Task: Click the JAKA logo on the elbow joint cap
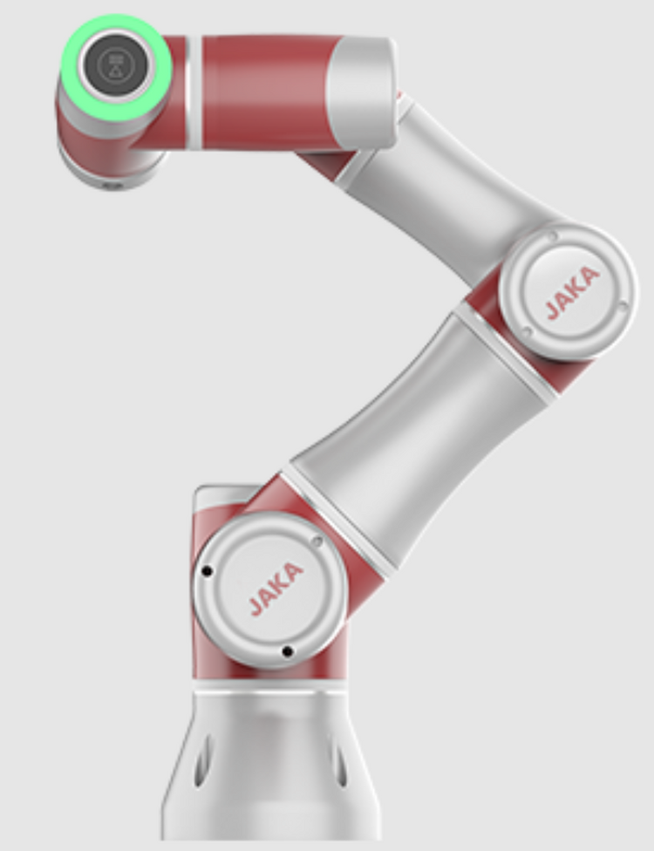(x=572, y=293)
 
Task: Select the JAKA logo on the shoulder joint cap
(x=276, y=589)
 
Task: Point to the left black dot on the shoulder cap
(x=207, y=571)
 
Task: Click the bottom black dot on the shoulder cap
(x=288, y=651)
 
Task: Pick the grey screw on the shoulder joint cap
(x=317, y=541)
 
